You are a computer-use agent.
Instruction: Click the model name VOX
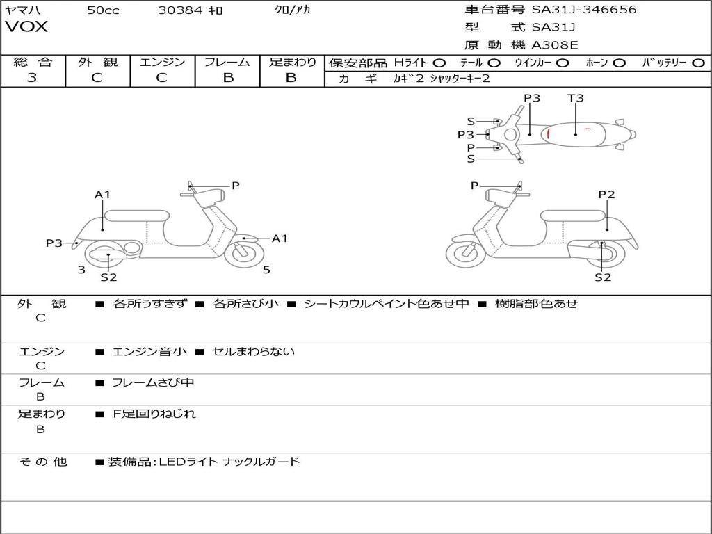pos(26,27)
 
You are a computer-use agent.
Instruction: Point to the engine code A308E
pos(554,46)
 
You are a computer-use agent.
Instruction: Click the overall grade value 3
pos(32,78)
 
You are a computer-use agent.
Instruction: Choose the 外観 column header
pos(97,63)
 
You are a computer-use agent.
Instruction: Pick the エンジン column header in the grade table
pos(162,63)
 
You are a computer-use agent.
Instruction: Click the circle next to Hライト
pos(439,63)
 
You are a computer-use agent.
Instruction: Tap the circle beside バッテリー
pos(698,63)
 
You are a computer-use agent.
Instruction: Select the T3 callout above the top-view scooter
pos(576,98)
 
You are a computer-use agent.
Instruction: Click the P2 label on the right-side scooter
pos(606,195)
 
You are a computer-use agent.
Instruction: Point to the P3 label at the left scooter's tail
pos(54,243)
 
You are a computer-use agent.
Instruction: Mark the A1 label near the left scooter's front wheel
pos(280,238)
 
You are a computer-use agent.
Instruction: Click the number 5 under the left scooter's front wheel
pos(266,269)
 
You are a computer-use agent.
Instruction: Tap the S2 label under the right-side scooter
pos(602,277)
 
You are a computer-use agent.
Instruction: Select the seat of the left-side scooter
pos(136,216)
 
